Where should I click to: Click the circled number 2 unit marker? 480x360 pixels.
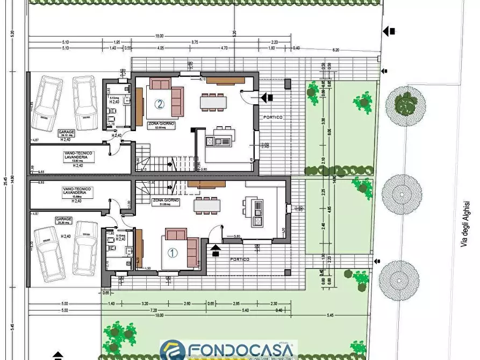(x=160, y=104)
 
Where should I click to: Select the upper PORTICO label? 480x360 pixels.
(x=273, y=117)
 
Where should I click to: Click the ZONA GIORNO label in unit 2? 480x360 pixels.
(x=160, y=123)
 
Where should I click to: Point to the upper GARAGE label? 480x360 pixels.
(x=66, y=131)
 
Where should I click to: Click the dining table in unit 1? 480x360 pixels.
(x=206, y=205)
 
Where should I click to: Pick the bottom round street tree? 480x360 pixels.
(x=399, y=279)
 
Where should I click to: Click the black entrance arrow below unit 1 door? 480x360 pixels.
(x=216, y=248)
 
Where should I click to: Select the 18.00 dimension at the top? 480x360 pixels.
(x=160, y=37)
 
